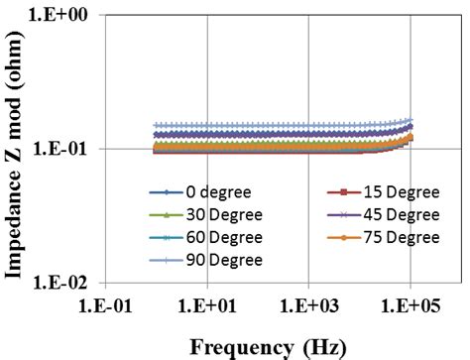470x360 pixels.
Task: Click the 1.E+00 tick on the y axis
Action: pos(61,17)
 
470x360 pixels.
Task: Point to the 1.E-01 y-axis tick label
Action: pos(61,149)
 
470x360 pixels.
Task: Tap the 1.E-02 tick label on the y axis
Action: pos(61,282)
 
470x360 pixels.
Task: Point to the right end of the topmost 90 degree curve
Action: pos(411,120)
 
